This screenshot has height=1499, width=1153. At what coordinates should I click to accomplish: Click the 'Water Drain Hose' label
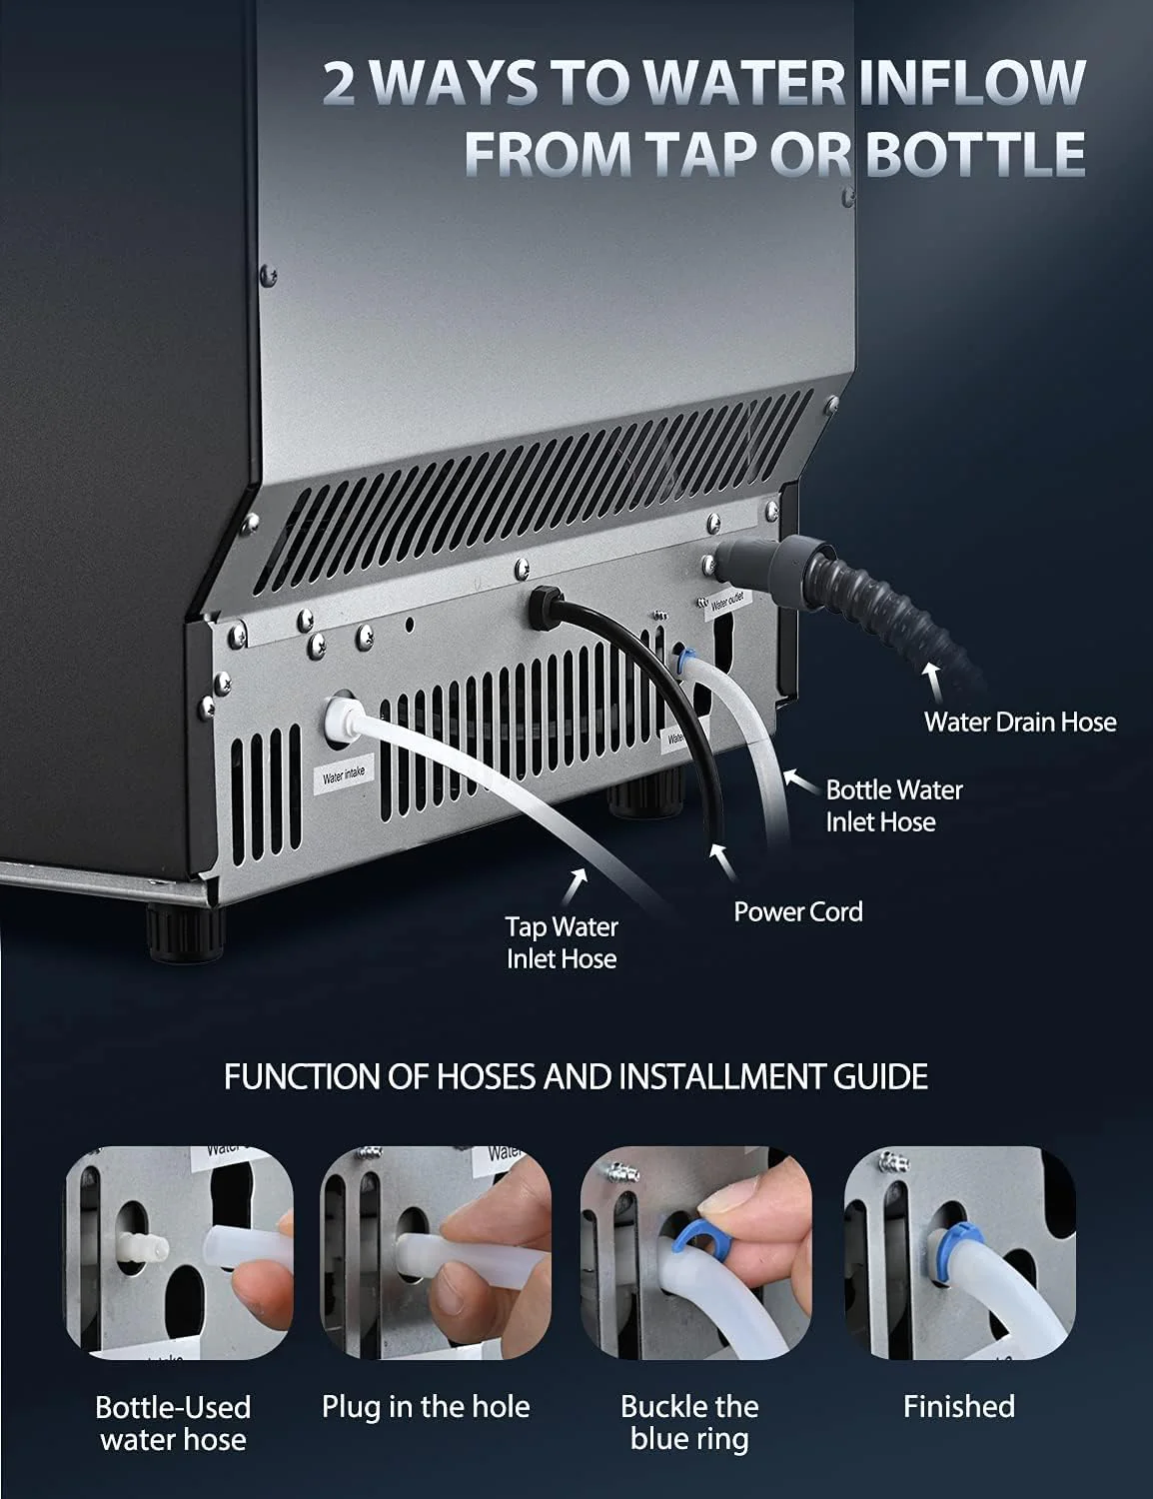pos(1019,722)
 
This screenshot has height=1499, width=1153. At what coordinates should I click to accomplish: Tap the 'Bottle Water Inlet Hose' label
pos(893,805)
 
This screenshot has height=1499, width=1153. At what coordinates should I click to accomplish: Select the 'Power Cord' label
pos(797,911)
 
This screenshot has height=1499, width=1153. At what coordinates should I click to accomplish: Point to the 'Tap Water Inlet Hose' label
pos(561,942)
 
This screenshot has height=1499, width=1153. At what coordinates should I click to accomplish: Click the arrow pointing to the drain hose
pos(934,685)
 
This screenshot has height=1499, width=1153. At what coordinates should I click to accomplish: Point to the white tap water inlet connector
pos(337,716)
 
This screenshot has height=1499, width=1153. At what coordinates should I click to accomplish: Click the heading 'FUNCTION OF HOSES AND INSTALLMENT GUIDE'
pos(576,1076)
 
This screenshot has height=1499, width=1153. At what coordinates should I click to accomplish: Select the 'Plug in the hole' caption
pos(426,1407)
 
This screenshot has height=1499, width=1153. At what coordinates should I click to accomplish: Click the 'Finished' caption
pos(958,1407)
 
